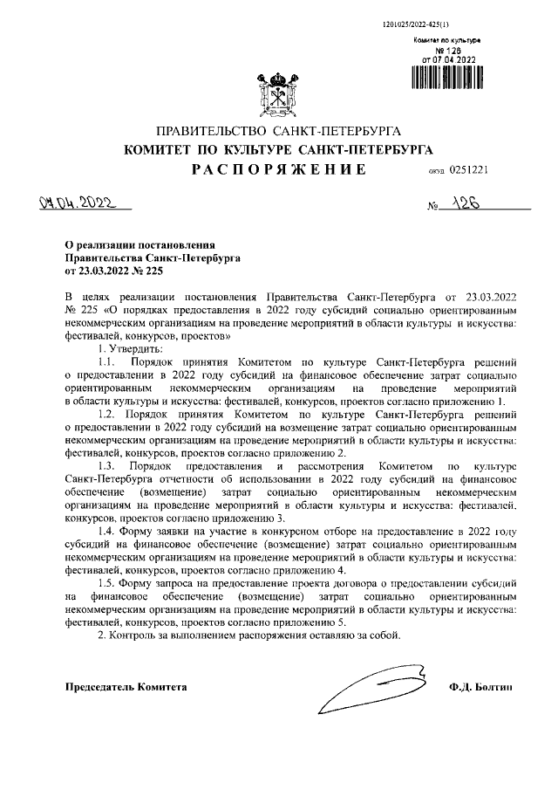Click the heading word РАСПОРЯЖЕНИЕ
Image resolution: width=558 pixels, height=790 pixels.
pos(278,170)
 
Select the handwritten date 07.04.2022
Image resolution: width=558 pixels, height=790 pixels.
pos(78,204)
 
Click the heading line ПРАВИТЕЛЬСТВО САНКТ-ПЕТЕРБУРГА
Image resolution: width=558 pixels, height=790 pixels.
pos(278,131)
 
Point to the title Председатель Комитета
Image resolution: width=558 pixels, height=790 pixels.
pos(126,688)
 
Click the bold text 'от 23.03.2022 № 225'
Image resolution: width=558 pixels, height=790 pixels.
pos(114,271)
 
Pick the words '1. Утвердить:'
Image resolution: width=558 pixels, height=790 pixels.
pos(127,348)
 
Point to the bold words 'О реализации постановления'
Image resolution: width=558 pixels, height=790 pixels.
pos(139,246)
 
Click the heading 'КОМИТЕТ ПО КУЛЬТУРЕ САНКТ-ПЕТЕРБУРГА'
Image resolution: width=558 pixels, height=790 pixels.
pos(278,150)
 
